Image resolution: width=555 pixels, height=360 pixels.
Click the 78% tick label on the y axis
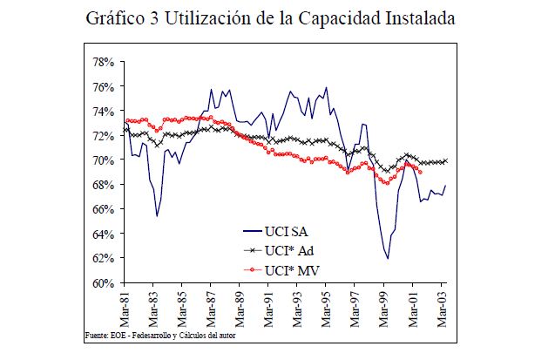pos(104,63)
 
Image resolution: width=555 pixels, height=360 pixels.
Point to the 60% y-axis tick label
pos(104,283)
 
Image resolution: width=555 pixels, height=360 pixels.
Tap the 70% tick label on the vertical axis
pos(104,160)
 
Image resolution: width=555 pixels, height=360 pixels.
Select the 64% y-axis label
pos(104,234)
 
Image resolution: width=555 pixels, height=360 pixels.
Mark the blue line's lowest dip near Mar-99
pos(388,258)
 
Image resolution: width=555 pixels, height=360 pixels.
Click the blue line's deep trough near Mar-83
pos(157,215)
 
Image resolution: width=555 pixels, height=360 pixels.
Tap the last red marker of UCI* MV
pos(421,172)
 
